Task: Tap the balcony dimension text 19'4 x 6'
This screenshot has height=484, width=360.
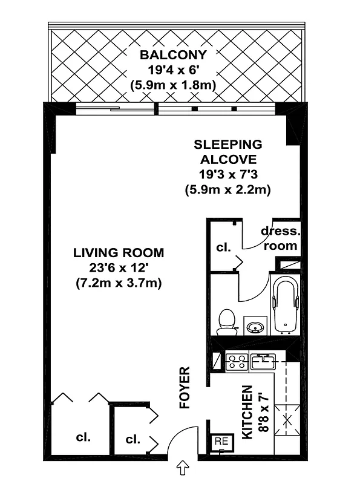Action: pos(172,70)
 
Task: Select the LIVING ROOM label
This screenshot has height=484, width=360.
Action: pos(119,252)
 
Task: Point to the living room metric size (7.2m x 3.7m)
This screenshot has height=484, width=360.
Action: pos(119,283)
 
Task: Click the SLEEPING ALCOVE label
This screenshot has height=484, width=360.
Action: pos(227,152)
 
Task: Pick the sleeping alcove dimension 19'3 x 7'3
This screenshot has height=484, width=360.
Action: pos(227,175)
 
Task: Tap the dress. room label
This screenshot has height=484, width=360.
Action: pos(279,238)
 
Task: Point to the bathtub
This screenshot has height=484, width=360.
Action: pos(285,305)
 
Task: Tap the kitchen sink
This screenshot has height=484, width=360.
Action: pos(264,362)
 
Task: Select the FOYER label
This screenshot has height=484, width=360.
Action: pos(185,388)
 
